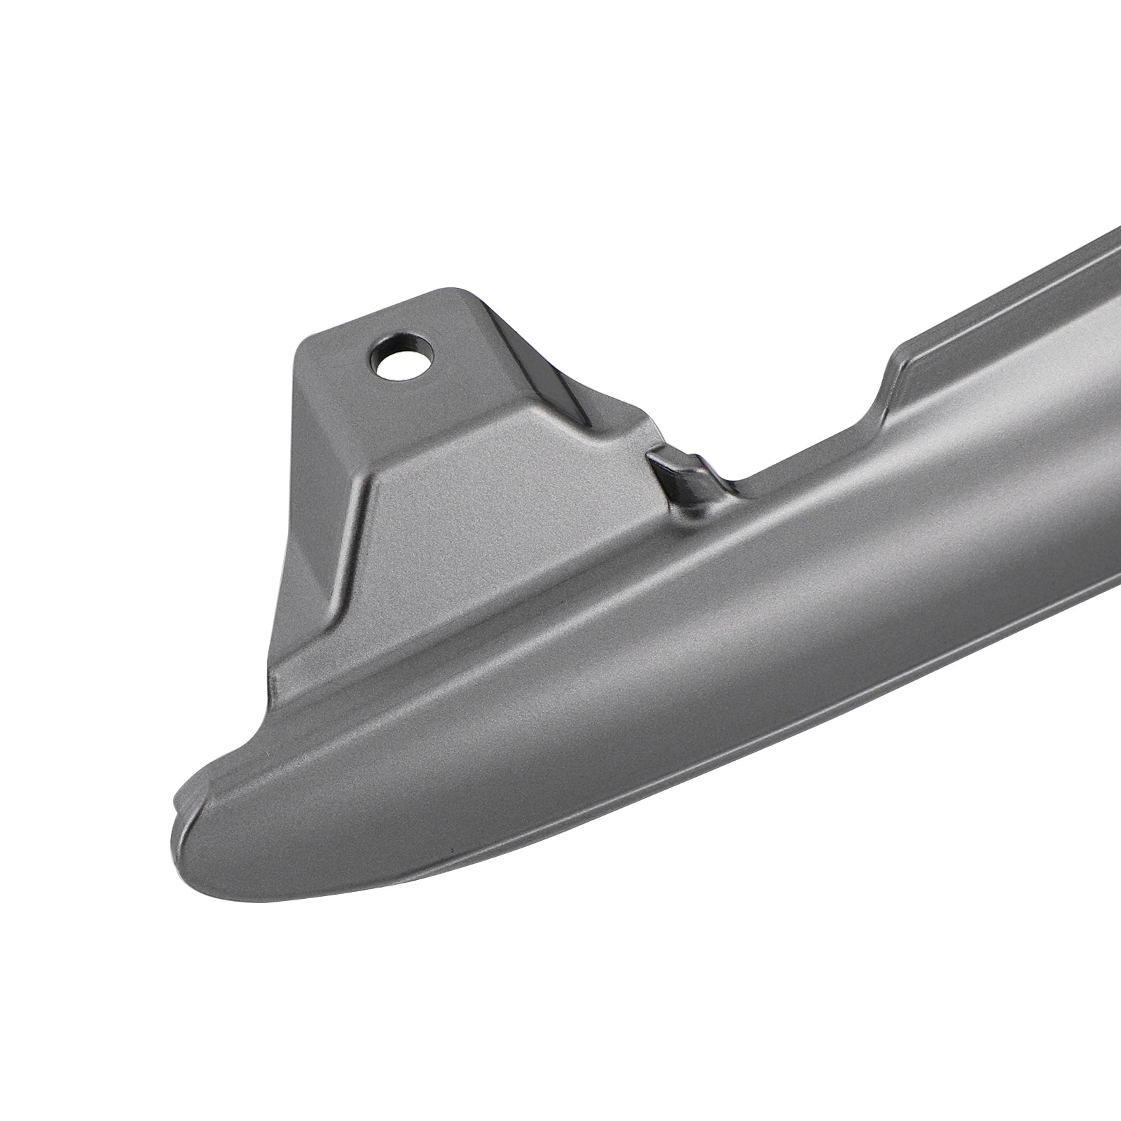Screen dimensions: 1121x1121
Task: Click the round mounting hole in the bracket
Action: [x=401, y=355]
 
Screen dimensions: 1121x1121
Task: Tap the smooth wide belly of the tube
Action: [x=631, y=701]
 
